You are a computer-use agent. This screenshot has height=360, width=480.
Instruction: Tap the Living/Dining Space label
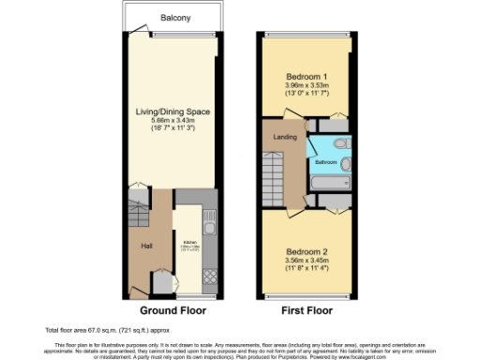(172, 112)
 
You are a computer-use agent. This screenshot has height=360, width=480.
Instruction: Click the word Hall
(147, 246)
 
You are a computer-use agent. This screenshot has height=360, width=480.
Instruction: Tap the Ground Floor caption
(172, 309)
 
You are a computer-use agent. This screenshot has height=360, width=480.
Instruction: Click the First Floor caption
(307, 309)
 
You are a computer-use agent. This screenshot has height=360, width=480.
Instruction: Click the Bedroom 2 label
(306, 251)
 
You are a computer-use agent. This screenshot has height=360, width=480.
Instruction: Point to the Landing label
(285, 138)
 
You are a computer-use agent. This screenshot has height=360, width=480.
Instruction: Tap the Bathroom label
(325, 161)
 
